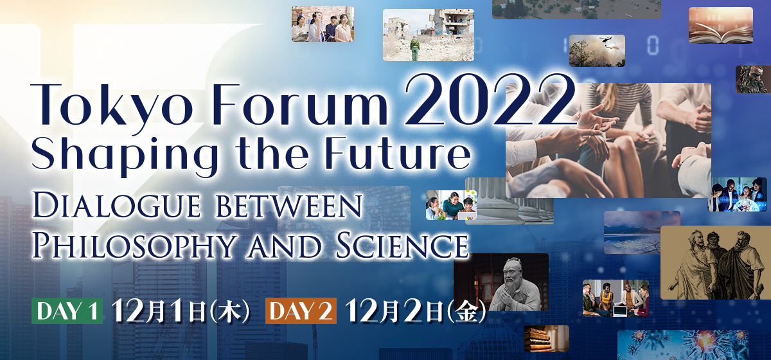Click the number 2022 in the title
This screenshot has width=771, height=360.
(490, 99)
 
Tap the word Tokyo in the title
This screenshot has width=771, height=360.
(112, 105)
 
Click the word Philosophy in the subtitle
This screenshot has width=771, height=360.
(136, 245)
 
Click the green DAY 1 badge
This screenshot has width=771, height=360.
(67, 310)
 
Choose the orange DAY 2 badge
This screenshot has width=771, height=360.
(301, 310)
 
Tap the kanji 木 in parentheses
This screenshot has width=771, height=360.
(229, 311)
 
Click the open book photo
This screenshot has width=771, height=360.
(721, 26)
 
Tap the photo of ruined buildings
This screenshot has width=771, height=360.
(429, 35)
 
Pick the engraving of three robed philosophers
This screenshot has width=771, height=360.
(716, 262)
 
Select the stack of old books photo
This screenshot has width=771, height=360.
(546, 338)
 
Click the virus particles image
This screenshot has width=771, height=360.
(682, 345)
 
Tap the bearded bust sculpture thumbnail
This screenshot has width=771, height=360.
(754, 79)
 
